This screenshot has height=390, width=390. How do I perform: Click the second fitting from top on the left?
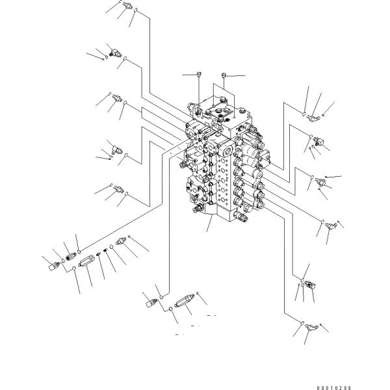[114, 55]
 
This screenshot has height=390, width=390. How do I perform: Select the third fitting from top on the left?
[118, 99]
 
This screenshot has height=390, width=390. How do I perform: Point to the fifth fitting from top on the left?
[118, 190]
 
